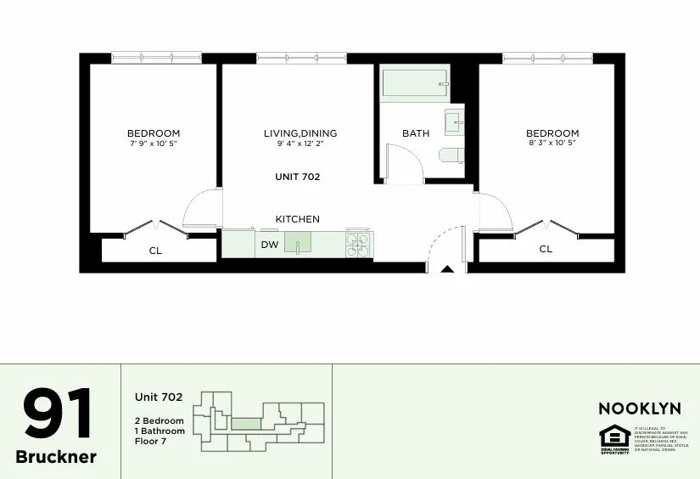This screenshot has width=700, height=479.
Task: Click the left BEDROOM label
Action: pos(154,133)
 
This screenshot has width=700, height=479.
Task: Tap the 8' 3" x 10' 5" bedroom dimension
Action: pos(552,144)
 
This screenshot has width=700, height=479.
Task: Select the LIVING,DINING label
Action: pos(300,133)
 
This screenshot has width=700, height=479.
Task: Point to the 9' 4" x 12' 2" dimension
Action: pos(300,144)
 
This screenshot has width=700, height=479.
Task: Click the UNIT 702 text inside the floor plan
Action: pos(297,177)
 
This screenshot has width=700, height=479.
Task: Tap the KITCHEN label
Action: pos(297,219)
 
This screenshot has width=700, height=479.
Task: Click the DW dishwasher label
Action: pos(269,245)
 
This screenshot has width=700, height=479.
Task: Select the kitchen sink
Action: pos(298,244)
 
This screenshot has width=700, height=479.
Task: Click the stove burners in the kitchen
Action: pos(358,245)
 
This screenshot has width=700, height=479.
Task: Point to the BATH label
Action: pos(416,133)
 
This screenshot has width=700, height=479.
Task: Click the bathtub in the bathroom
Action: pos(413,85)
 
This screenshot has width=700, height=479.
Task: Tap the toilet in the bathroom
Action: pos(451,155)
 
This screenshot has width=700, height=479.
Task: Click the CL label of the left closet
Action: pos(155,251)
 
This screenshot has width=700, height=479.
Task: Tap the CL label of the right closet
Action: pos(546,249)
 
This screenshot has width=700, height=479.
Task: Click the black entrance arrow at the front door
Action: pos(447,269)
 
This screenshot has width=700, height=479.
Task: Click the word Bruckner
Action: pos(56,457)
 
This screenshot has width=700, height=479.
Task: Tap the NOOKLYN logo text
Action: pos(640,409)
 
